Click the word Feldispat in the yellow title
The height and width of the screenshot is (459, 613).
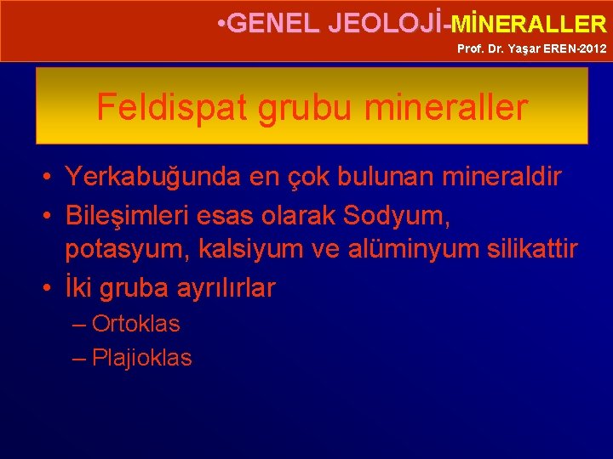(167, 108)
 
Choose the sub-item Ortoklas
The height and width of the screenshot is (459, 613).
(135, 324)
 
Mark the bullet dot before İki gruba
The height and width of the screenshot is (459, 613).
(49, 288)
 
